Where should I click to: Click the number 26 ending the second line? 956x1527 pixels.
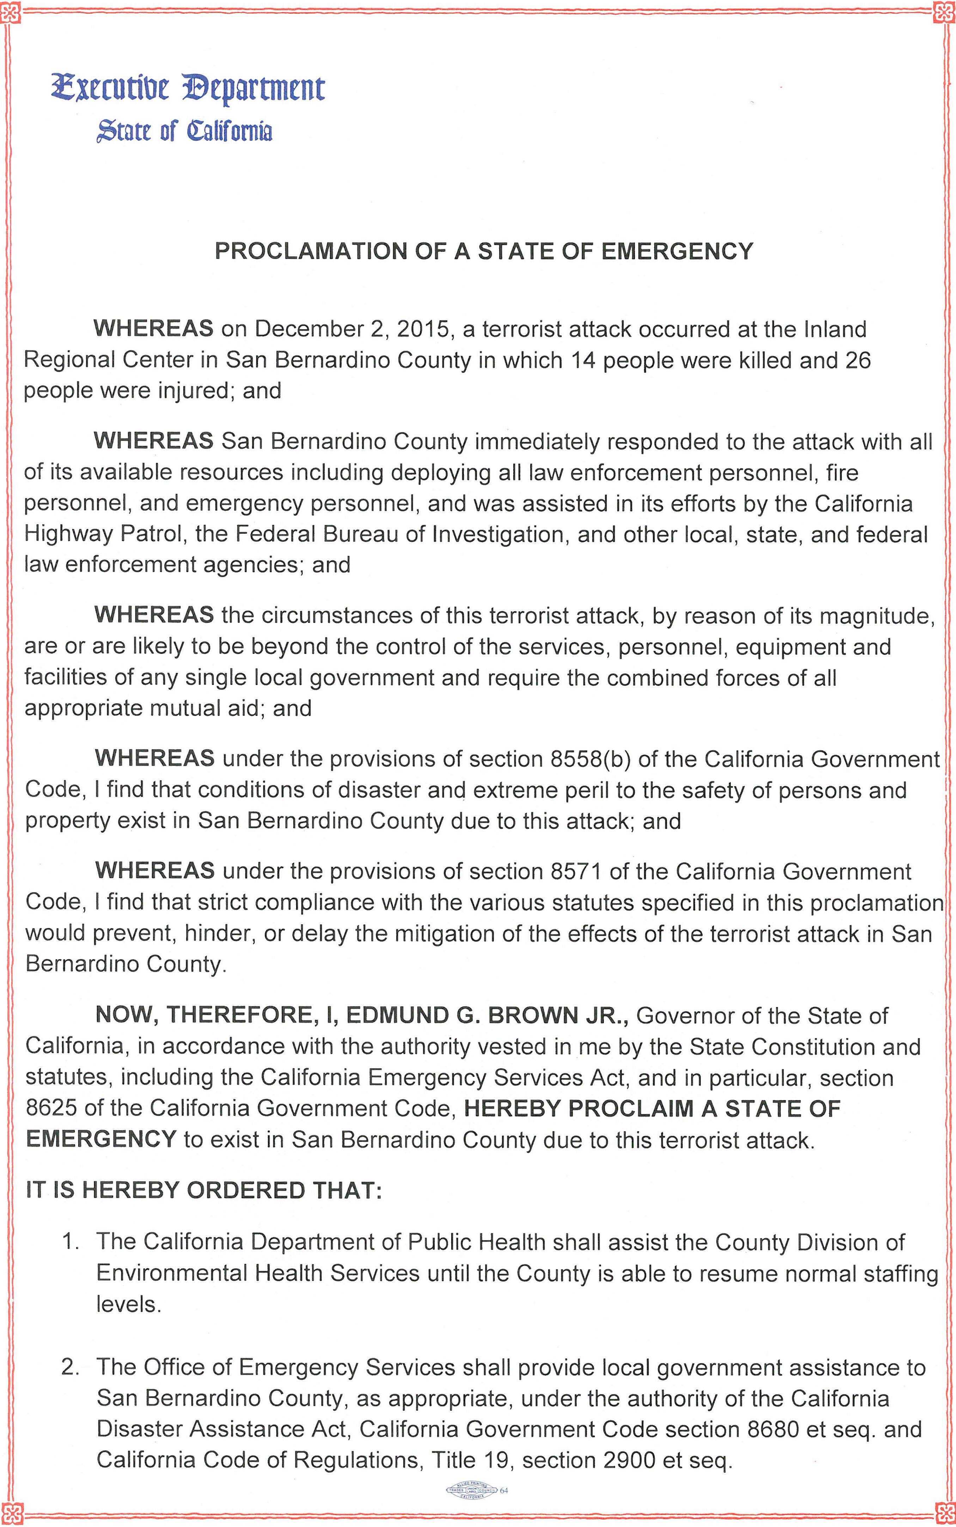click(x=857, y=360)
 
